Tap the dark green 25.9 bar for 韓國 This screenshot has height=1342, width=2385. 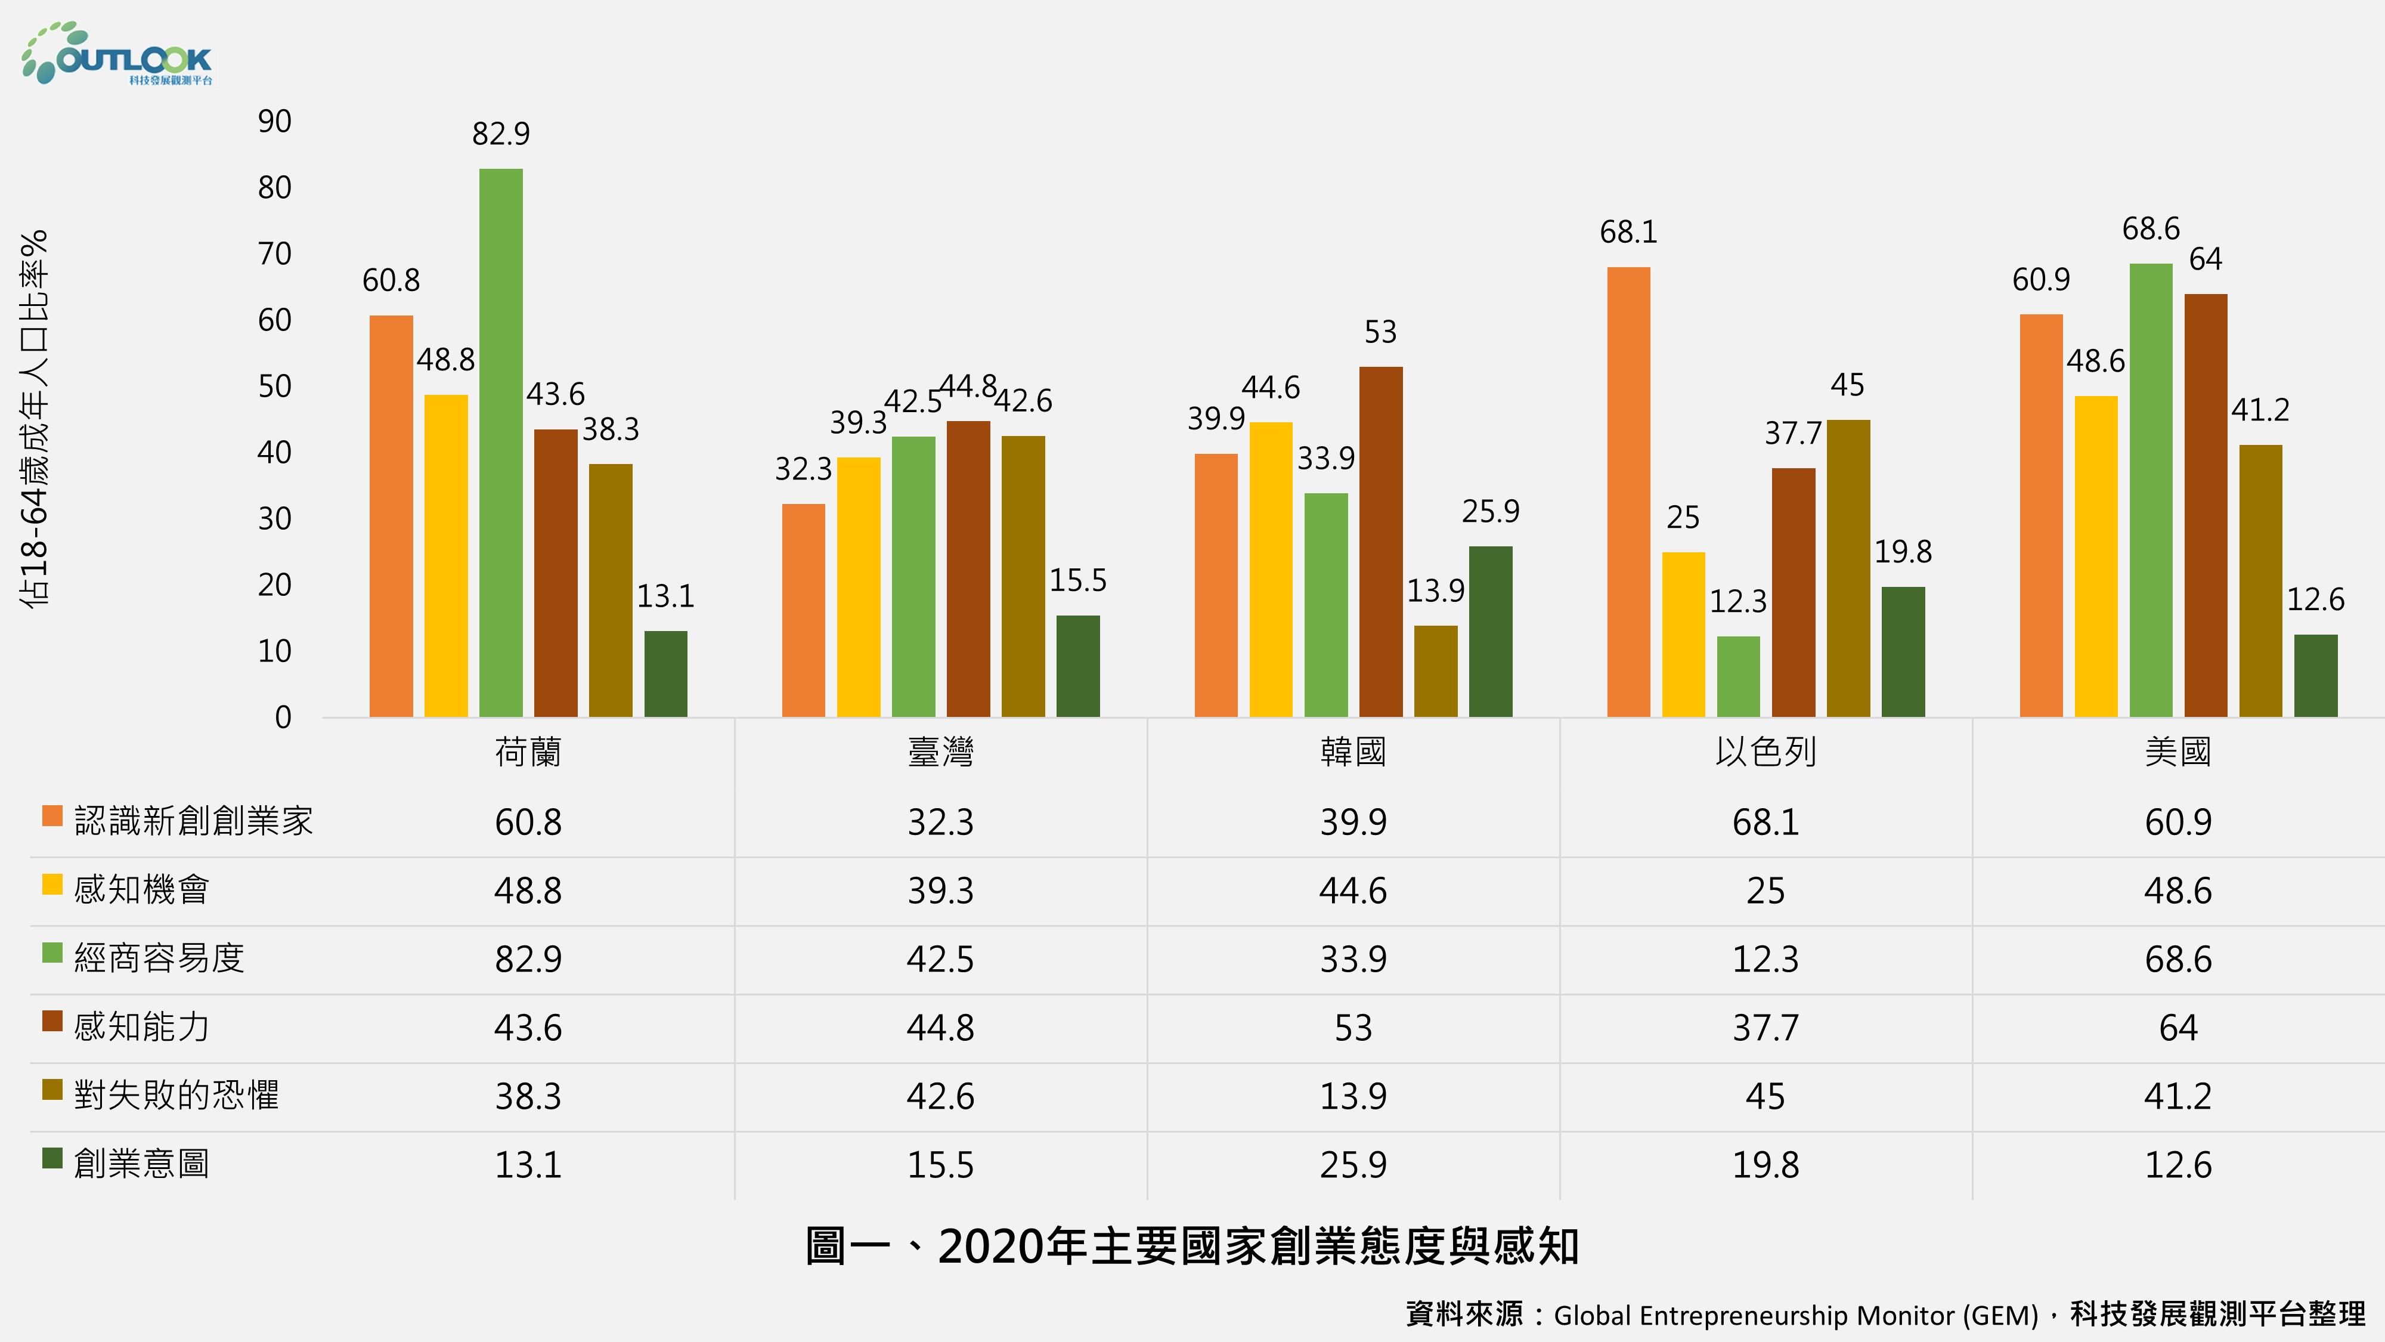[x=1491, y=632]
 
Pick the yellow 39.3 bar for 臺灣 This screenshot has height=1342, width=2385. [x=858, y=587]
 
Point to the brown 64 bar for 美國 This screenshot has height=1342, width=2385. [x=2206, y=506]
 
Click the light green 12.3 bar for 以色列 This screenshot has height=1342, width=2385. [x=1738, y=677]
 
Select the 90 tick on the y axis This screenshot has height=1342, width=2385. [x=275, y=121]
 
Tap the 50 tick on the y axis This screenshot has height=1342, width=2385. [x=275, y=386]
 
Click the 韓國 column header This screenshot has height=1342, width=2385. [x=1353, y=752]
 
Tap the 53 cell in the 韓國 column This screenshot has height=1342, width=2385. [x=1353, y=1027]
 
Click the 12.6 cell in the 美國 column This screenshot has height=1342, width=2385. [x=2178, y=1164]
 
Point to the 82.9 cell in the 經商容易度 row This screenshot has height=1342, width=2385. [x=528, y=958]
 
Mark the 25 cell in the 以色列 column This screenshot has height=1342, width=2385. [x=1765, y=890]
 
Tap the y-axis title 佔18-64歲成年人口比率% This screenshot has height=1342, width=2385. [x=34, y=419]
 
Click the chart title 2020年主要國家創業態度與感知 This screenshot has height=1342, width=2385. [x=1191, y=1246]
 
